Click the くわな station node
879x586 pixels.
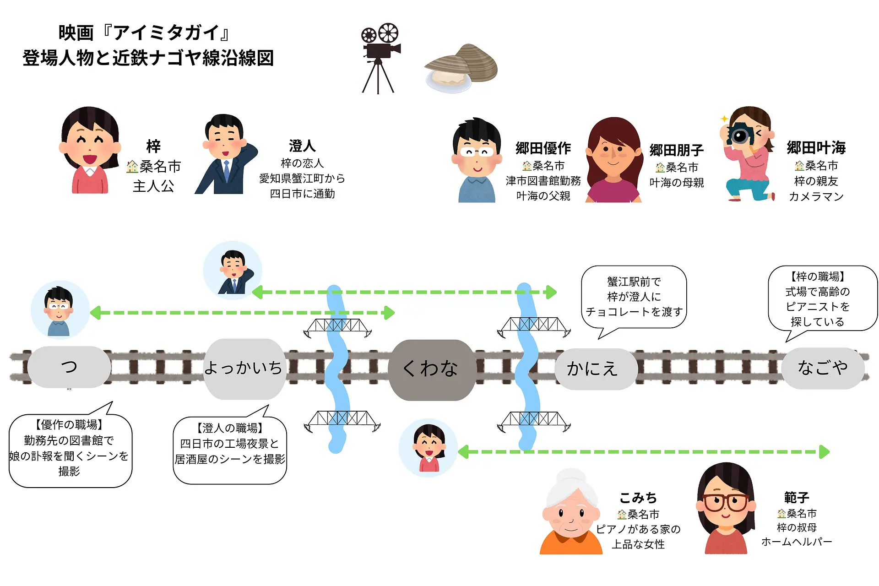click(430, 369)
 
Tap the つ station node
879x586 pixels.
click(69, 367)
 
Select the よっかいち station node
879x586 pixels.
click(244, 368)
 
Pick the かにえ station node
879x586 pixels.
click(593, 369)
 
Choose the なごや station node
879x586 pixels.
click(823, 368)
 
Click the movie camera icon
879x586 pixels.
click(380, 57)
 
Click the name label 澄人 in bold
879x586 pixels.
click(302, 146)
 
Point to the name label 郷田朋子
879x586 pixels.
click(676, 150)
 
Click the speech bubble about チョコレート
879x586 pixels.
click(634, 297)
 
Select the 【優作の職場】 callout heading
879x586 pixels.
click(69, 425)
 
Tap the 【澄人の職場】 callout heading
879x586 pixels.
click(230, 428)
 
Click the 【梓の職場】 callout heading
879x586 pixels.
click(818, 277)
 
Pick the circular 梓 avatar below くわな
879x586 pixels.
click(429, 447)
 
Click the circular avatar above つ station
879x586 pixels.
click(60, 310)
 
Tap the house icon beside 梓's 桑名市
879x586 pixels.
click(132, 167)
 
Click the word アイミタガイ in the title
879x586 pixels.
click(167, 33)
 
